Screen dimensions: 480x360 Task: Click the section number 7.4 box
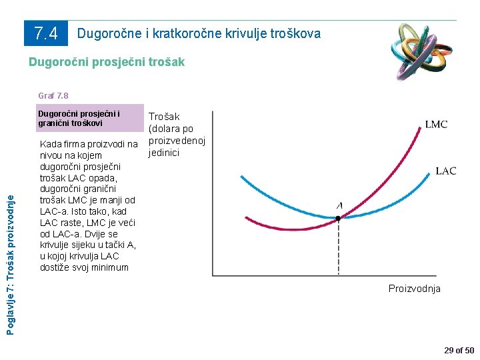[46, 33]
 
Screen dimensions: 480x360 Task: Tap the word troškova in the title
[295, 33]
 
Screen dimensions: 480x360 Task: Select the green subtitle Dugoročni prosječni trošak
[107, 62]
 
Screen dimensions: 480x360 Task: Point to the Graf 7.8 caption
[53, 95]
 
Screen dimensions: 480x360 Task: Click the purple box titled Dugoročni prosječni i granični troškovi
[90, 118]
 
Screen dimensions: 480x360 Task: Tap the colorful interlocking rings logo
[422, 52]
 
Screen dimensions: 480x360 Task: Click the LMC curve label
[436, 124]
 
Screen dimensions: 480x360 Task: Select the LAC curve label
[446, 171]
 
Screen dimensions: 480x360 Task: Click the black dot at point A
[338, 218]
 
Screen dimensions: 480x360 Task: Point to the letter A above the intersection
[339, 206]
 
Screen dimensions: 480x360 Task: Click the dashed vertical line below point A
[338, 248]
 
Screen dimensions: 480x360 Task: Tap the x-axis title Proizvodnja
[415, 289]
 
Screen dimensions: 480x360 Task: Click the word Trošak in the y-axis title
[164, 117]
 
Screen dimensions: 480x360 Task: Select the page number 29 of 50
[459, 351]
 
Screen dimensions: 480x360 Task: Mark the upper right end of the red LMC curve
[420, 127]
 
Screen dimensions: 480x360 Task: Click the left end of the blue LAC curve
[241, 176]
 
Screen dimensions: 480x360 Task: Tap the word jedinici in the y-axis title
[164, 153]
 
